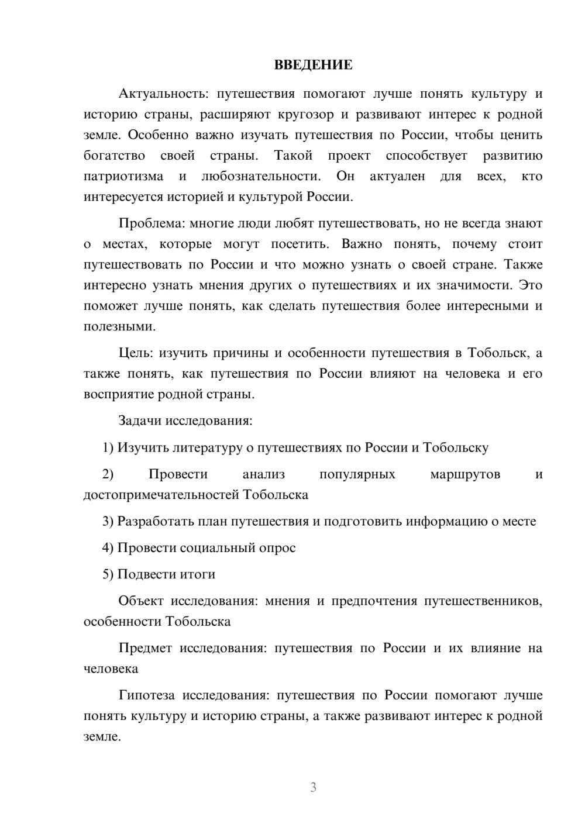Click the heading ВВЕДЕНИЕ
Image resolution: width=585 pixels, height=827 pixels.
(x=313, y=65)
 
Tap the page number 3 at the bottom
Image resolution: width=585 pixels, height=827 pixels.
(x=313, y=787)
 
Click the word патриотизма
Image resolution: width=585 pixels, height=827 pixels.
(x=123, y=176)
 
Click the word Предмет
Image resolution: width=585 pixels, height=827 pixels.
(x=145, y=648)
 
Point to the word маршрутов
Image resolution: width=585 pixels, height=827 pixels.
(x=465, y=474)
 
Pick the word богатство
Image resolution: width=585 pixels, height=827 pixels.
(x=114, y=156)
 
